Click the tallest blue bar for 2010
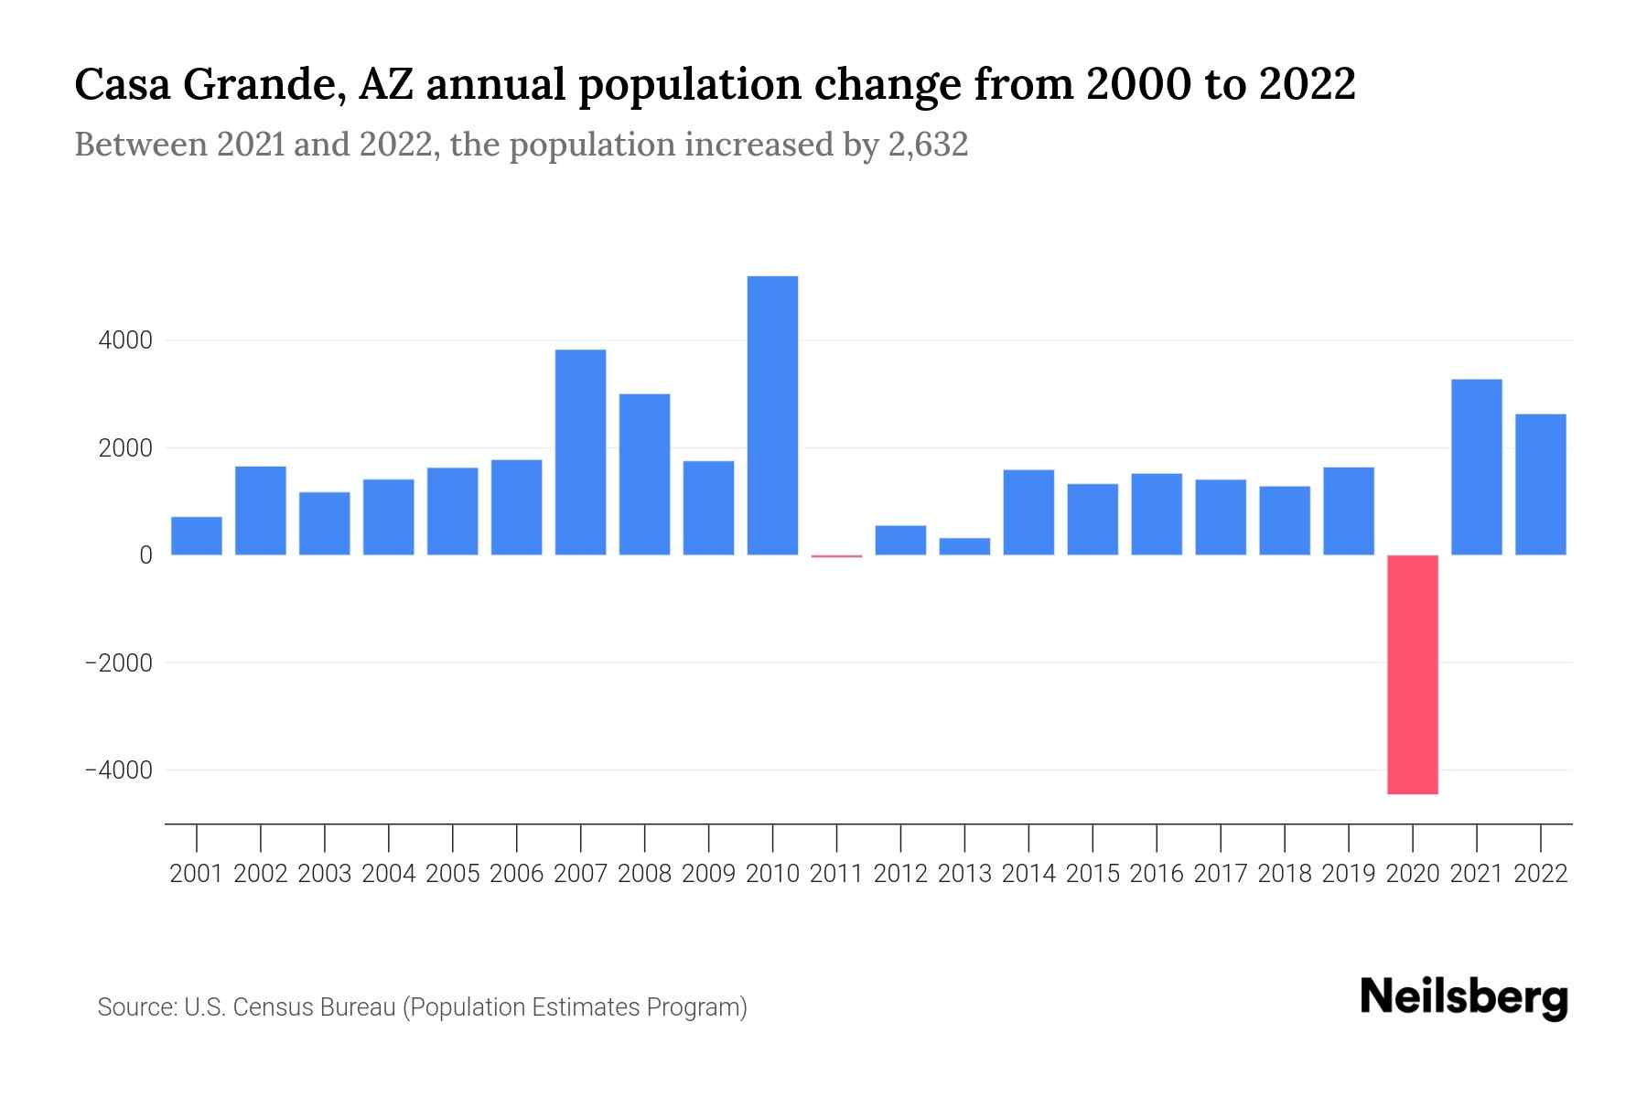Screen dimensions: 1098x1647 772,415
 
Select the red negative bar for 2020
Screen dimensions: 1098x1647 1412,674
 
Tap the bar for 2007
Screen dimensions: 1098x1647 580,452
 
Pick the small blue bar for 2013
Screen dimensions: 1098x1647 964,546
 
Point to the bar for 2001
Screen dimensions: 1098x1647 197,536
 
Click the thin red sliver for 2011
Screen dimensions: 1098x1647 836,555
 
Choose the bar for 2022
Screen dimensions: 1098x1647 1540,484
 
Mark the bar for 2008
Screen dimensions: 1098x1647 644,474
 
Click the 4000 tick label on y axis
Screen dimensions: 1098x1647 124,341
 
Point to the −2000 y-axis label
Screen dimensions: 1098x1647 118,663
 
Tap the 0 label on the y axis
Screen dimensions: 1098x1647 145,555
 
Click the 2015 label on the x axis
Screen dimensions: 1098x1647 1093,874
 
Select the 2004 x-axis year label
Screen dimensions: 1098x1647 388,874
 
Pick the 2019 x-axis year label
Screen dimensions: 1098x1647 1348,874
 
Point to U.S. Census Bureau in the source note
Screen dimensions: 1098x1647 290,1007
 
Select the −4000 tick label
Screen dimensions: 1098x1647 118,770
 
